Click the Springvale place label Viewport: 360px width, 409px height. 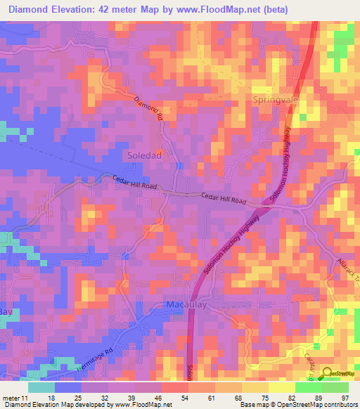coord(275,100)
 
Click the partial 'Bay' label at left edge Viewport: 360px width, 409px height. coord(6,311)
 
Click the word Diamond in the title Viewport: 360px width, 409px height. coord(31,9)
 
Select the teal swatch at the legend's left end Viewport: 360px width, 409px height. coord(42,387)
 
